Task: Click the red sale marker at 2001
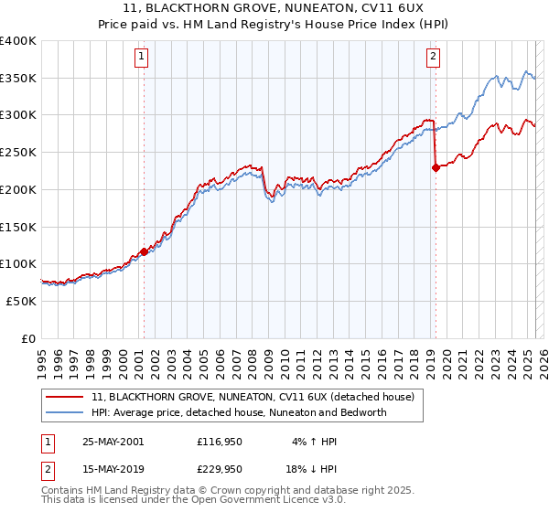[x=144, y=251]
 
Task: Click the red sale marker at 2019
[x=436, y=167]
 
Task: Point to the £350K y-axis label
[x=18, y=79]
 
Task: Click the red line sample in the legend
[x=64, y=397]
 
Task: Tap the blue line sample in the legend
[x=64, y=412]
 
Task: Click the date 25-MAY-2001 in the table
[x=113, y=441]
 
